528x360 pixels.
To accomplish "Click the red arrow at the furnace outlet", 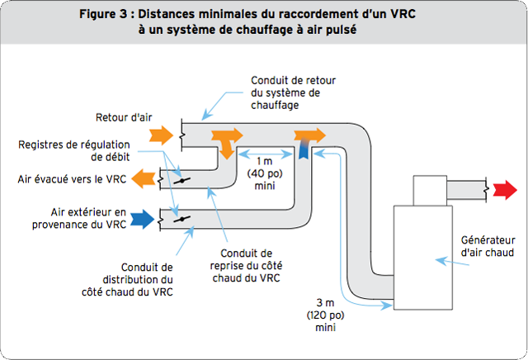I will click(x=501, y=192).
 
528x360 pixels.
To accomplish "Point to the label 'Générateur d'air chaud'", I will click(x=487, y=247).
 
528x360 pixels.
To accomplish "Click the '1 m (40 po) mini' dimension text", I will click(x=265, y=168).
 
